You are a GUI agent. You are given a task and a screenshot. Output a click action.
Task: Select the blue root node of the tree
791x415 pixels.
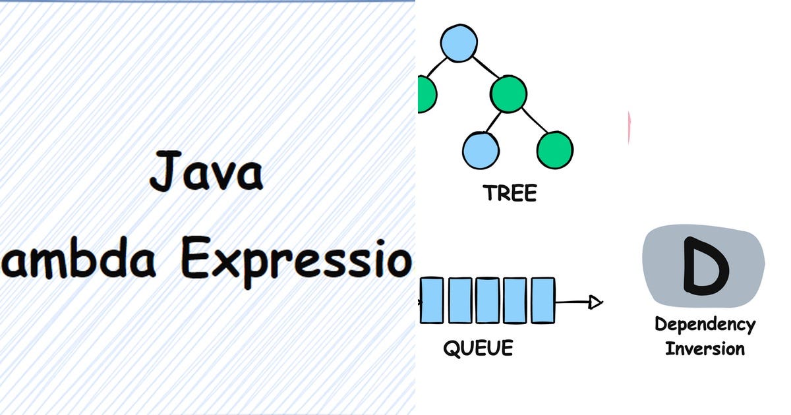point(458,42)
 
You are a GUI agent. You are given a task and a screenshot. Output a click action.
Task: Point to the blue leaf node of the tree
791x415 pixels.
point(480,150)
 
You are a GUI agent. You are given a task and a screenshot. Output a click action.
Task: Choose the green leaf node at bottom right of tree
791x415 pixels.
point(554,150)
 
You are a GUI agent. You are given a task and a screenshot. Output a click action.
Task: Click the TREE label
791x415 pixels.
point(510,193)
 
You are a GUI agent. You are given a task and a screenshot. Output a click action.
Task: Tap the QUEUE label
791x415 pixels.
point(477,348)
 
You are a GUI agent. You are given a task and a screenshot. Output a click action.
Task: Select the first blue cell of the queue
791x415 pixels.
point(432,300)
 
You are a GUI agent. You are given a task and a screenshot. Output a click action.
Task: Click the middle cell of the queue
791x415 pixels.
point(487,300)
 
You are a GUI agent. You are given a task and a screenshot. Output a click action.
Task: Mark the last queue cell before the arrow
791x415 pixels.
point(542,300)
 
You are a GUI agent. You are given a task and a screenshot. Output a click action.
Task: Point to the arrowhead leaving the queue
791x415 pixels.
point(595,302)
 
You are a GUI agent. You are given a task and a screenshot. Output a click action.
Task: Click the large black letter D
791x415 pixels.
point(705,265)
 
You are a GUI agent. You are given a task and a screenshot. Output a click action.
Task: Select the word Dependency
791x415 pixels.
point(705,325)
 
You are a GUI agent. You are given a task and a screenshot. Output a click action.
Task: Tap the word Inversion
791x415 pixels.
point(705,348)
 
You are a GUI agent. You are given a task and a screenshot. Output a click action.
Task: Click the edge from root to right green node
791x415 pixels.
point(484,67)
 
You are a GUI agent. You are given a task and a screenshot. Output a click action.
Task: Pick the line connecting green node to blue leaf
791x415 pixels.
point(493,123)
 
